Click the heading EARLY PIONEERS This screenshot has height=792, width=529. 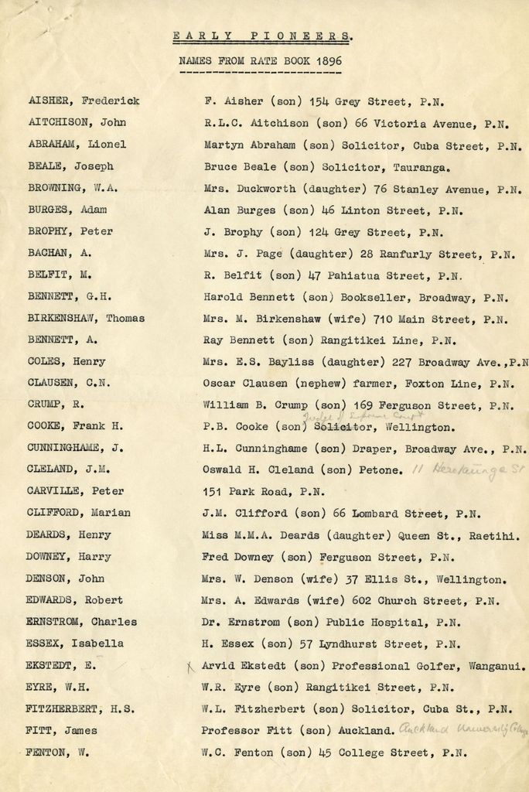point(263,36)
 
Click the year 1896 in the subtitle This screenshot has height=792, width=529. point(328,60)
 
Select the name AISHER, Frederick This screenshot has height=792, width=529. point(84,101)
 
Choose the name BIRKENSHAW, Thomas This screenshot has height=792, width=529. point(85,318)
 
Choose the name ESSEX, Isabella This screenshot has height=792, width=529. point(74,643)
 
